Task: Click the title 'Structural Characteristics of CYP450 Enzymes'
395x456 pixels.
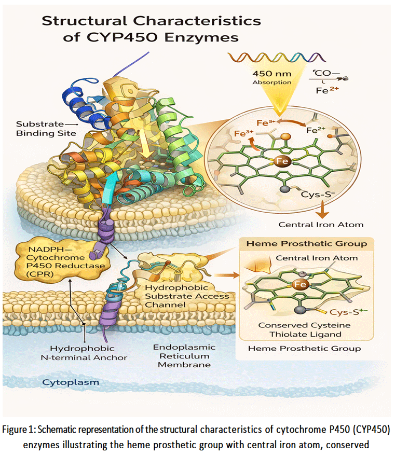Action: click(x=151, y=29)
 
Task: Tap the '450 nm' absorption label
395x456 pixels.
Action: click(x=271, y=74)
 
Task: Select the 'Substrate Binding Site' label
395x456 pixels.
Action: click(x=47, y=129)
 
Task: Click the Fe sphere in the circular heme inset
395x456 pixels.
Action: click(x=281, y=161)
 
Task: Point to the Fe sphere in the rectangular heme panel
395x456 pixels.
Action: click(x=300, y=284)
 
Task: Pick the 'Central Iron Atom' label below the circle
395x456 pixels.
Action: click(x=321, y=225)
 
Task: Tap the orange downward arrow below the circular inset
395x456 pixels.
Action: click(x=322, y=210)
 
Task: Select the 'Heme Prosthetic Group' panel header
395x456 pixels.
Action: click(x=307, y=243)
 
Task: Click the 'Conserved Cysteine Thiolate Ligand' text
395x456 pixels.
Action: click(x=305, y=329)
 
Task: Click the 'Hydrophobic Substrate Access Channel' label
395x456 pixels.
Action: click(x=187, y=296)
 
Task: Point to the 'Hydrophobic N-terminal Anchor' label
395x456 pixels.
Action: click(x=84, y=353)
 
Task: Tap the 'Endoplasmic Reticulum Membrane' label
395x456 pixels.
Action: click(x=184, y=356)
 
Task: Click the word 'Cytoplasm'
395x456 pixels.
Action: click(x=71, y=382)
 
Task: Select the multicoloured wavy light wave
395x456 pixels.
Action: click(x=276, y=57)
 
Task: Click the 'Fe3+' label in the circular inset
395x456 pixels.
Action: click(x=244, y=133)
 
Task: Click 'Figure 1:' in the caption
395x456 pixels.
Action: click(x=19, y=430)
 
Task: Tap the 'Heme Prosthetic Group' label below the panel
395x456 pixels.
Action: click(x=304, y=349)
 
